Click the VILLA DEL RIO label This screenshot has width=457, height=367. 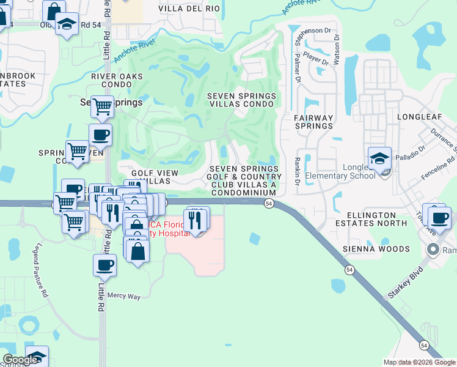click(x=188, y=9)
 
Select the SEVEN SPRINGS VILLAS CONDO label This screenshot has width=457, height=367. click(x=241, y=100)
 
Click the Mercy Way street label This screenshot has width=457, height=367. click(x=124, y=296)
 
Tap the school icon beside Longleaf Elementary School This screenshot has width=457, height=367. click(x=379, y=158)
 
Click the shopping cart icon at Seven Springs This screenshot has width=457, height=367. click(x=102, y=106)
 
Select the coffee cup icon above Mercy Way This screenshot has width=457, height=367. click(x=104, y=265)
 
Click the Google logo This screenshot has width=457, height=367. click(x=20, y=360)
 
